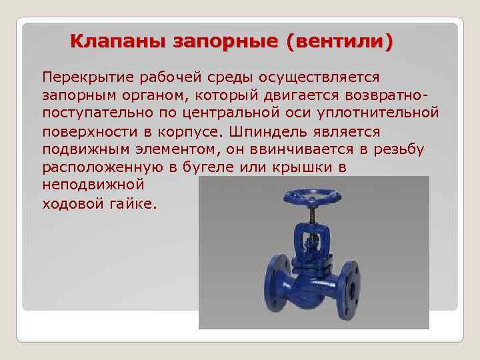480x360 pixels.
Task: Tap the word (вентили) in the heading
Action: (x=339, y=42)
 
